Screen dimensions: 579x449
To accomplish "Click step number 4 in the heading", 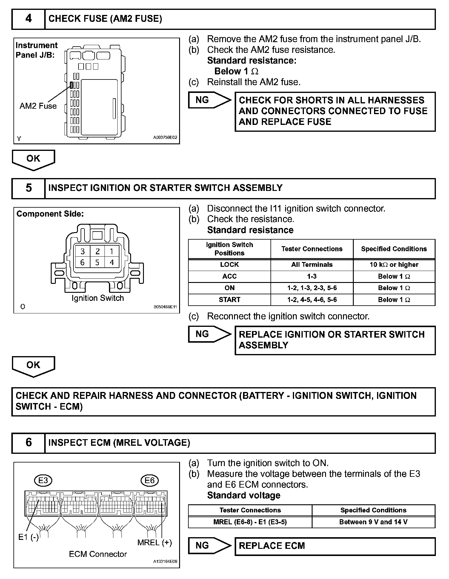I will click(28, 19).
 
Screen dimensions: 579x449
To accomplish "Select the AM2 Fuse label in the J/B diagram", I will click(38, 106).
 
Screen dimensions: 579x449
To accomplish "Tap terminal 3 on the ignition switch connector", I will click(83, 251).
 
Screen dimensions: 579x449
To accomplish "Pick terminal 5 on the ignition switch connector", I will click(97, 263).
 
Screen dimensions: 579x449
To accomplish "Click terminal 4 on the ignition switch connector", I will click(112, 263).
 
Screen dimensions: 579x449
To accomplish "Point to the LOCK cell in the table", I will click(229, 265).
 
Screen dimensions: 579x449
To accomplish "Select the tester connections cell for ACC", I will click(312, 276).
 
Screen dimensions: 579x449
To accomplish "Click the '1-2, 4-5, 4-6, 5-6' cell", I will click(312, 300).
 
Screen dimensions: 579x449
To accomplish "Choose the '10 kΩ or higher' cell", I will click(394, 265).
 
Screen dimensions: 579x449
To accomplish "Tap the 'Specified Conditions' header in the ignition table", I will click(394, 249).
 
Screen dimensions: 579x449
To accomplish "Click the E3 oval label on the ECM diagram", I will click(43, 480).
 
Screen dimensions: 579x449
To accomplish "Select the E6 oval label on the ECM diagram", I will click(149, 480).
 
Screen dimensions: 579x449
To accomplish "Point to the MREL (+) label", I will click(154, 543).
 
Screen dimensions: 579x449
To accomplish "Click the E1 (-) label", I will click(28, 537).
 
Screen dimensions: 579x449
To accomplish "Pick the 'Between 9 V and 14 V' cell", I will click(373, 522).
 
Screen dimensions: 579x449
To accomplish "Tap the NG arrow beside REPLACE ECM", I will click(209, 546).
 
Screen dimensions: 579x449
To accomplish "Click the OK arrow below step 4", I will click(33, 159).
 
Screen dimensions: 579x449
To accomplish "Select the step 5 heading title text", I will click(165, 188).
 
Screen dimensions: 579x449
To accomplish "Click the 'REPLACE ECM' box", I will click(335, 546).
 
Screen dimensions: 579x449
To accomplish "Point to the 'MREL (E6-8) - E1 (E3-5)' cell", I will click(250, 522).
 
